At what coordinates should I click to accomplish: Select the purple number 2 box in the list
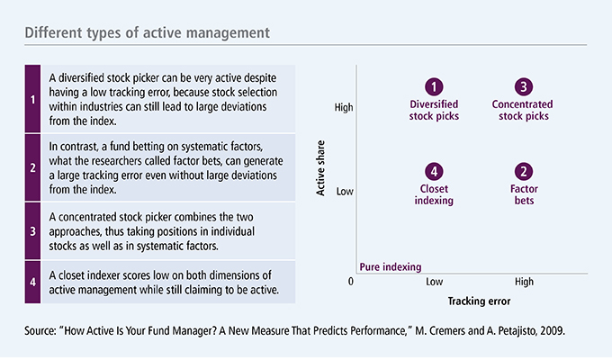[32, 166]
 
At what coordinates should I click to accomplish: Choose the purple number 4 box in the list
[32, 281]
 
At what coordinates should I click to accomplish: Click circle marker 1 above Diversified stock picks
[435, 87]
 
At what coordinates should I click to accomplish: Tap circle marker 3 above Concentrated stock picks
[523, 87]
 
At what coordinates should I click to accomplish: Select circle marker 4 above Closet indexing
[435, 171]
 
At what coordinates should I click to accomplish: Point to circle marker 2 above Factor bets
[523, 171]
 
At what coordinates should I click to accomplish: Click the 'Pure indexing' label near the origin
[391, 266]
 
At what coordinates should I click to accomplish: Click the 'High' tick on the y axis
[343, 107]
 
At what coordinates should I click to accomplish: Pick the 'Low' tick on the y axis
[345, 191]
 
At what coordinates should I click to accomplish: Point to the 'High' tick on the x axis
[523, 283]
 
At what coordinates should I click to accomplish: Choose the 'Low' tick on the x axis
[435, 283]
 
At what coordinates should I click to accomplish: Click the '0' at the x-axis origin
[352, 283]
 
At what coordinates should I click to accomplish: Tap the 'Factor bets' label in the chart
[523, 194]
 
